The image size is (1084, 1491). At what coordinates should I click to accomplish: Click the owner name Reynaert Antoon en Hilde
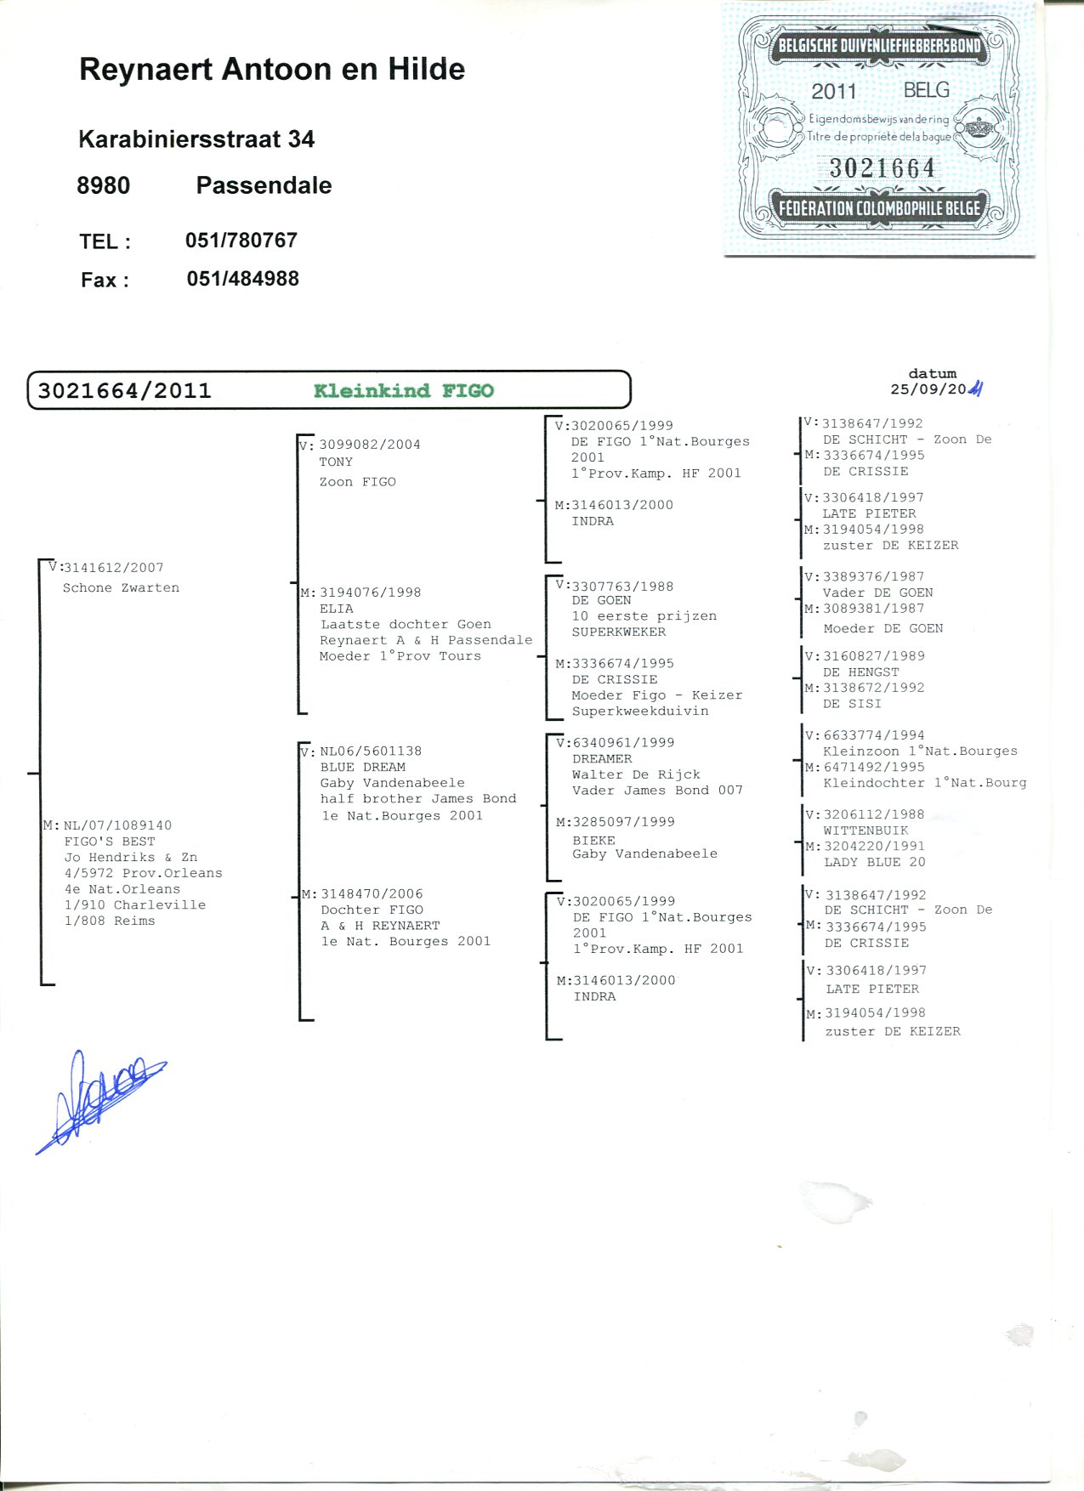coord(272,70)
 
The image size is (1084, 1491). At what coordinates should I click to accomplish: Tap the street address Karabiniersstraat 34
coord(196,139)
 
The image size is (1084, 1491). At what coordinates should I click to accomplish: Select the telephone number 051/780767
coord(241,241)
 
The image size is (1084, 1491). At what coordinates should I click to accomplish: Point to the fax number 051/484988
coord(243,279)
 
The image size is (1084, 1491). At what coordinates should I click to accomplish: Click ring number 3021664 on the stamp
coord(883,168)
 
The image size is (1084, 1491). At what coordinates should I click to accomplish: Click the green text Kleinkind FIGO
coord(404,391)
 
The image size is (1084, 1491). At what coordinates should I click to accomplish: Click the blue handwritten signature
coord(100,1102)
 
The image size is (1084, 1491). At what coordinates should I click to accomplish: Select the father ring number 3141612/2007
coord(114,568)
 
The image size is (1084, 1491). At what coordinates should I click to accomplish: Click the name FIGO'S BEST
coord(110,842)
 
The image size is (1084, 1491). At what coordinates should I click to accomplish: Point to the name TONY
coord(336,462)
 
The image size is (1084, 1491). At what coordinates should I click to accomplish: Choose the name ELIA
coord(337,609)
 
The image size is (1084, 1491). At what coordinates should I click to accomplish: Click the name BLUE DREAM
coord(363,767)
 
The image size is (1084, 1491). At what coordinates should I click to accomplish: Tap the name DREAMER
coord(602,759)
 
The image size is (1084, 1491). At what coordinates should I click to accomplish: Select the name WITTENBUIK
coord(865,831)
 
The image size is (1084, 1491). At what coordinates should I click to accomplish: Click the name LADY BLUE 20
coord(875,862)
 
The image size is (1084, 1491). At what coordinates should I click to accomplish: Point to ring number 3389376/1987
coord(873,576)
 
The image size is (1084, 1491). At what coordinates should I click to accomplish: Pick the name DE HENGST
coord(861,672)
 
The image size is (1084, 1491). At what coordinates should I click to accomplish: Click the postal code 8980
coord(104,185)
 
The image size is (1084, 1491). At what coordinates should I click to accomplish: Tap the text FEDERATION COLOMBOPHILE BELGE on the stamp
coord(880,209)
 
